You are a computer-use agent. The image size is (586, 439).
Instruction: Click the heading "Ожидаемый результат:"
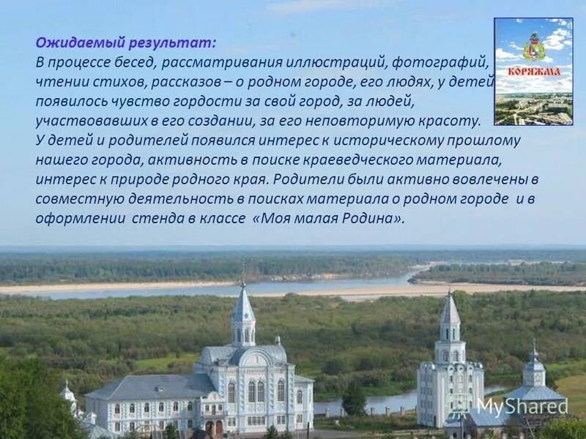tap(126, 43)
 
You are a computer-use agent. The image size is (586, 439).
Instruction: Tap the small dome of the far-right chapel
tap(534, 363)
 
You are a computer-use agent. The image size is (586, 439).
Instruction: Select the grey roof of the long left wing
tap(150, 386)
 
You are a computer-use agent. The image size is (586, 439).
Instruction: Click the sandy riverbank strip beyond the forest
tap(110, 288)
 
